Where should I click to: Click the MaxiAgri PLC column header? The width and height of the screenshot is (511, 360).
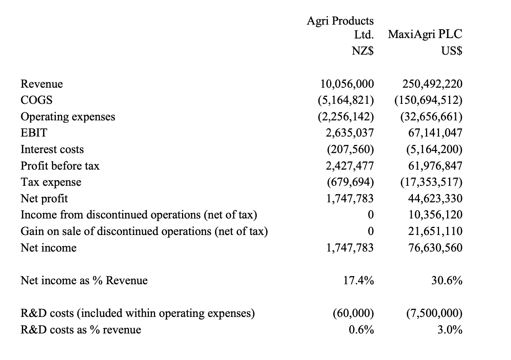click(x=425, y=34)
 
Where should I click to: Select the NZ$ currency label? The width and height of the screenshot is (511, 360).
click(x=362, y=51)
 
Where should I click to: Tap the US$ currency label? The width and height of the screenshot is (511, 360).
click(x=452, y=51)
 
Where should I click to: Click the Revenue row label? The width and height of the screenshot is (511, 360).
click(x=42, y=84)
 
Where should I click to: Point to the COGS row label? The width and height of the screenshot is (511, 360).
click(x=37, y=100)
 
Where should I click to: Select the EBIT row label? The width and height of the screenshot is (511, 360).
click(x=34, y=133)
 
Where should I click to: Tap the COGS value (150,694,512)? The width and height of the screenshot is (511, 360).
click(x=428, y=100)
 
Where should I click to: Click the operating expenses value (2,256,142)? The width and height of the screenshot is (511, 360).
click(x=346, y=117)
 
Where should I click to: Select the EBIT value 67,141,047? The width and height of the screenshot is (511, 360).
click(x=435, y=133)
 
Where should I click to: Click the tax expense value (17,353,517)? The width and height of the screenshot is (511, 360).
click(x=431, y=182)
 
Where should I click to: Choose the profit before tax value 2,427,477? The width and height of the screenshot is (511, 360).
click(x=349, y=166)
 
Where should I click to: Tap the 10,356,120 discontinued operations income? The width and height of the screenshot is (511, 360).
click(x=435, y=215)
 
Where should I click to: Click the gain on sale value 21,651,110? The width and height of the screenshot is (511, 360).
click(x=435, y=231)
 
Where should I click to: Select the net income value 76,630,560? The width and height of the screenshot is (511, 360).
click(x=435, y=248)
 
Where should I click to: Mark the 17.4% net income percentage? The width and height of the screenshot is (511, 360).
click(x=358, y=280)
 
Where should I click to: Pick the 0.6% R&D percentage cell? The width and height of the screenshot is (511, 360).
click(x=361, y=330)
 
